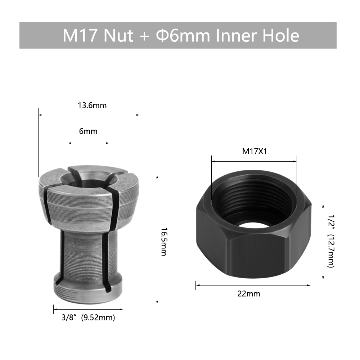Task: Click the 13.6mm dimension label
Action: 92,105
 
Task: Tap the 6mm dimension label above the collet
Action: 88,131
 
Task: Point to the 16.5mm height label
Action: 163,242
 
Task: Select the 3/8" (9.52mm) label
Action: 88,318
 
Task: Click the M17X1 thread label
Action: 255,152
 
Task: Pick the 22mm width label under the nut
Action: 249,294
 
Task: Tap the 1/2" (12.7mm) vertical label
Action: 331,241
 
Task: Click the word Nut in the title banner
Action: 118,36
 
